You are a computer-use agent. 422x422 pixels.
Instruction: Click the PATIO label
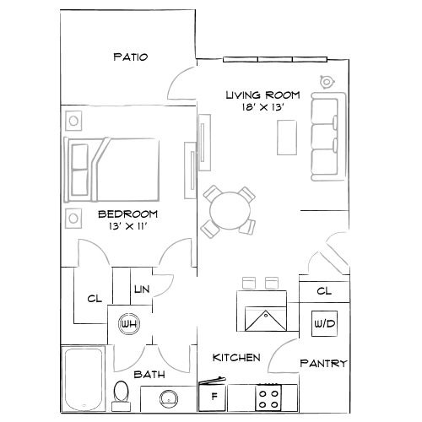pyautogui.click(x=130, y=57)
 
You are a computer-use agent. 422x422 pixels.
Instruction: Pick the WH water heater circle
pyautogui.click(x=128, y=324)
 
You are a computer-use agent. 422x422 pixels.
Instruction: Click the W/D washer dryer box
pyautogui.click(x=323, y=323)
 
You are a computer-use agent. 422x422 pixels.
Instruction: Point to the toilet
pyautogui.click(x=122, y=393)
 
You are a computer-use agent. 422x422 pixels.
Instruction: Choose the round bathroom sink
pyautogui.click(x=168, y=398)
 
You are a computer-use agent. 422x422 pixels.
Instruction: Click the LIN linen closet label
pyautogui.click(x=140, y=290)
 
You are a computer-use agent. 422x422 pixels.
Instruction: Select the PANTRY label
pyautogui.click(x=323, y=364)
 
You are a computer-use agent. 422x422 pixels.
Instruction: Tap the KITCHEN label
pyautogui.click(x=235, y=357)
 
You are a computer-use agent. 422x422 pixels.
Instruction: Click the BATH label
pyautogui.click(x=149, y=374)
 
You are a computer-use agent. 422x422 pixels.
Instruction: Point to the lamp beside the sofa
pyautogui.click(x=327, y=82)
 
